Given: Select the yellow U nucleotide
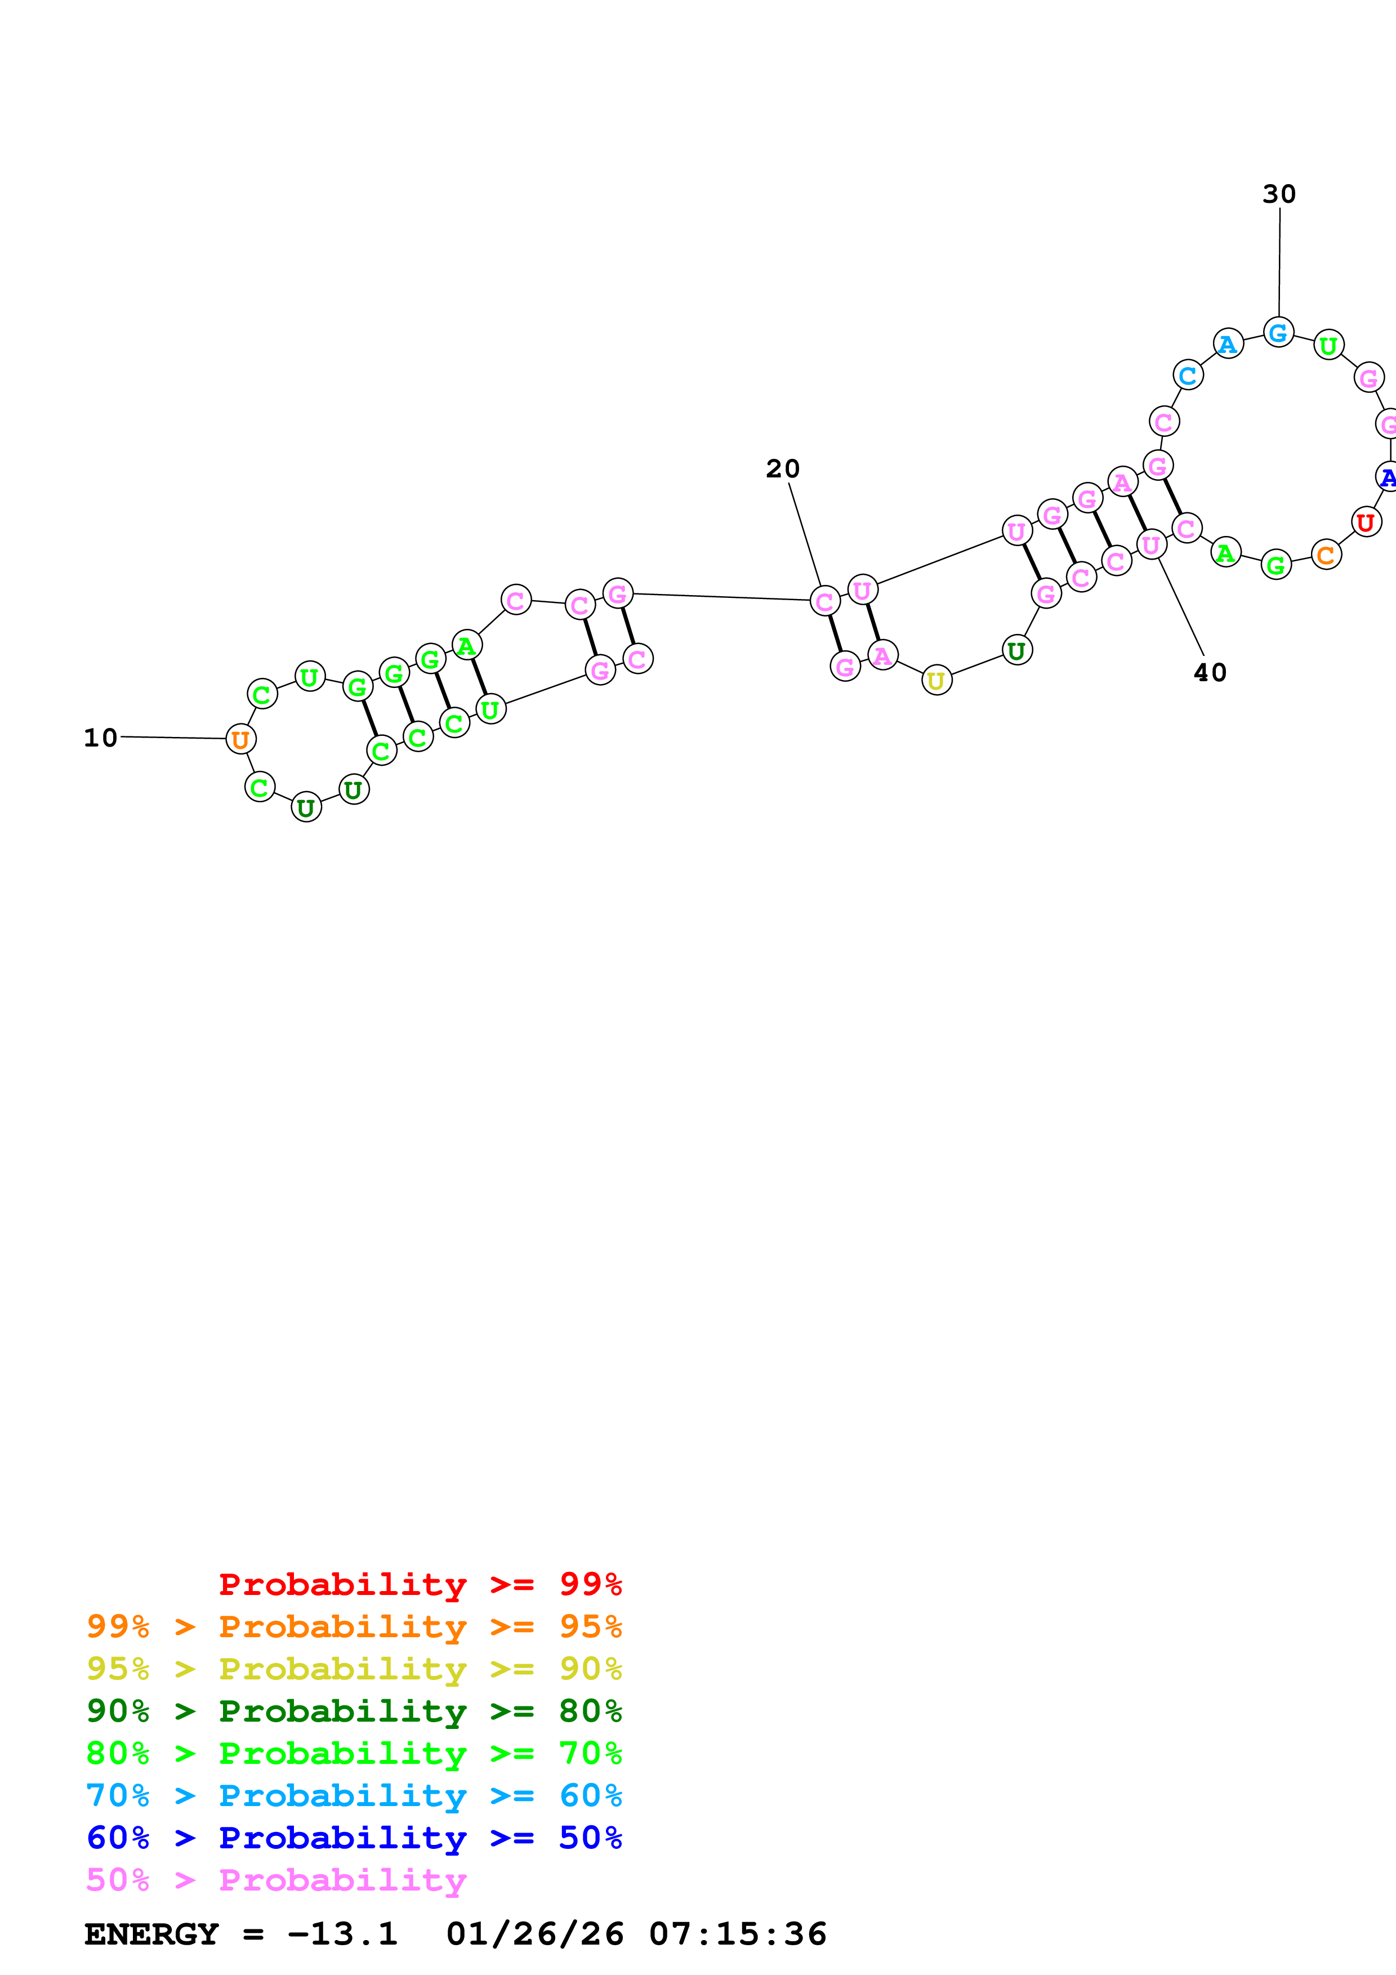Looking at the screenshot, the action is coord(936,681).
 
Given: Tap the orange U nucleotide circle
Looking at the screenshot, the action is coord(241,739).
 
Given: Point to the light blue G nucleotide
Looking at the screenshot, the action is coord(1278,332).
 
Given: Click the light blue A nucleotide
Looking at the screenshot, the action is coord(1228,344).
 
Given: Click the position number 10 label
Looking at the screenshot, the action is coord(101,738).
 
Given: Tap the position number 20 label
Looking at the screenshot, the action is coord(783,469).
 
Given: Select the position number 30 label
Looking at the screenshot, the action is coord(1279,194).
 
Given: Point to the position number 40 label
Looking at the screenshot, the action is coord(1210,673).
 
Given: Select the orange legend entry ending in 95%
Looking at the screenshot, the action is coord(354,1627).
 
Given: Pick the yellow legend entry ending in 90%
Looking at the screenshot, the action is coord(354,1669).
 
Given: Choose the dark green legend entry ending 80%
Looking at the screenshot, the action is coord(354,1711).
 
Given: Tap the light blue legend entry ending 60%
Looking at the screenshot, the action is coord(354,1795).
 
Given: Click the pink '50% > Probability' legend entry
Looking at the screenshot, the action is coord(276,1879).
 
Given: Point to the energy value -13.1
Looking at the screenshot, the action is coord(342,1934).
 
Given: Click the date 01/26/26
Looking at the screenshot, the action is coord(535,1934).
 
